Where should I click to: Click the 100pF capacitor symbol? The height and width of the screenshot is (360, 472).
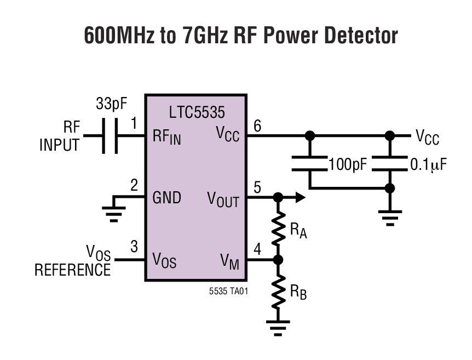coord(309,163)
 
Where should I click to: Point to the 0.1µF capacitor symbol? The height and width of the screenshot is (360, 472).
coord(390,163)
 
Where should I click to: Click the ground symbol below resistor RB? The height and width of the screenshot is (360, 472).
coord(278,327)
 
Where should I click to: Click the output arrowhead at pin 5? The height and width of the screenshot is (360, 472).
coord(300,197)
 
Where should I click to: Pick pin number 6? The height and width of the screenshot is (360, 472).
coord(257,126)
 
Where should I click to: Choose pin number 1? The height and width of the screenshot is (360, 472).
coord(134,125)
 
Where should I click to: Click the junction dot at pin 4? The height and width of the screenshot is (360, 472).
coord(278,260)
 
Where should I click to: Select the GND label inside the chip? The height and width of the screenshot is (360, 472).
coord(166,197)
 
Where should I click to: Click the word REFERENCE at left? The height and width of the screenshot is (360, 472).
coord(72,270)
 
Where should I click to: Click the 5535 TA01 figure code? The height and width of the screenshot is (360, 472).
coord(228,292)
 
